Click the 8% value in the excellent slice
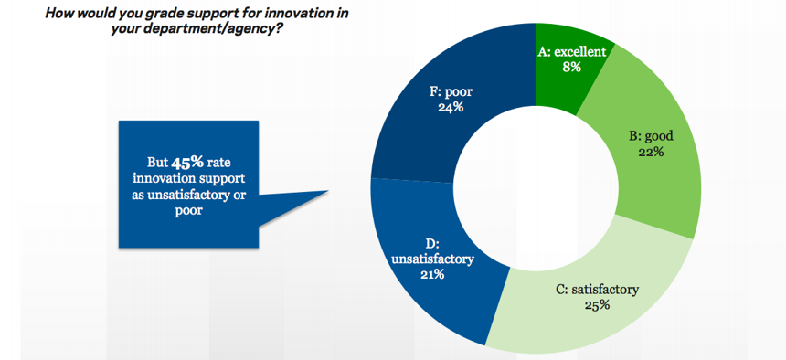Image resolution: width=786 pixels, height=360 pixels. (571, 67)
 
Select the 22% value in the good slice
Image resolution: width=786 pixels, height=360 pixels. (652, 152)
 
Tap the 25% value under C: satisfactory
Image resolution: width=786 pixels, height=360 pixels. (597, 304)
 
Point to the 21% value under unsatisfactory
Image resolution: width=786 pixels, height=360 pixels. (432, 274)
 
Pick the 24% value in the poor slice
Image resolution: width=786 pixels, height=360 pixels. (451, 107)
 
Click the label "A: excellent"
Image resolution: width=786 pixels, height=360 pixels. (571, 52)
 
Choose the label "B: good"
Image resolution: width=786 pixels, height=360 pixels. (652, 136)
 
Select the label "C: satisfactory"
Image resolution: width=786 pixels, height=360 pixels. (597, 290)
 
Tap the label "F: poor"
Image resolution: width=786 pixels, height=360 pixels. (451, 92)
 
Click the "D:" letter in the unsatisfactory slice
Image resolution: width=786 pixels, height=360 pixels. (432, 244)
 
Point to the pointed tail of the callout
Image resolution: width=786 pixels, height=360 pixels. (328, 191)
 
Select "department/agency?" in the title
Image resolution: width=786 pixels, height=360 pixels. (227, 29)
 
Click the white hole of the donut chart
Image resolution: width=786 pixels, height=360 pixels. (536, 186)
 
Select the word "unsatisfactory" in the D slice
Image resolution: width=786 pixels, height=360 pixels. (432, 259)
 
